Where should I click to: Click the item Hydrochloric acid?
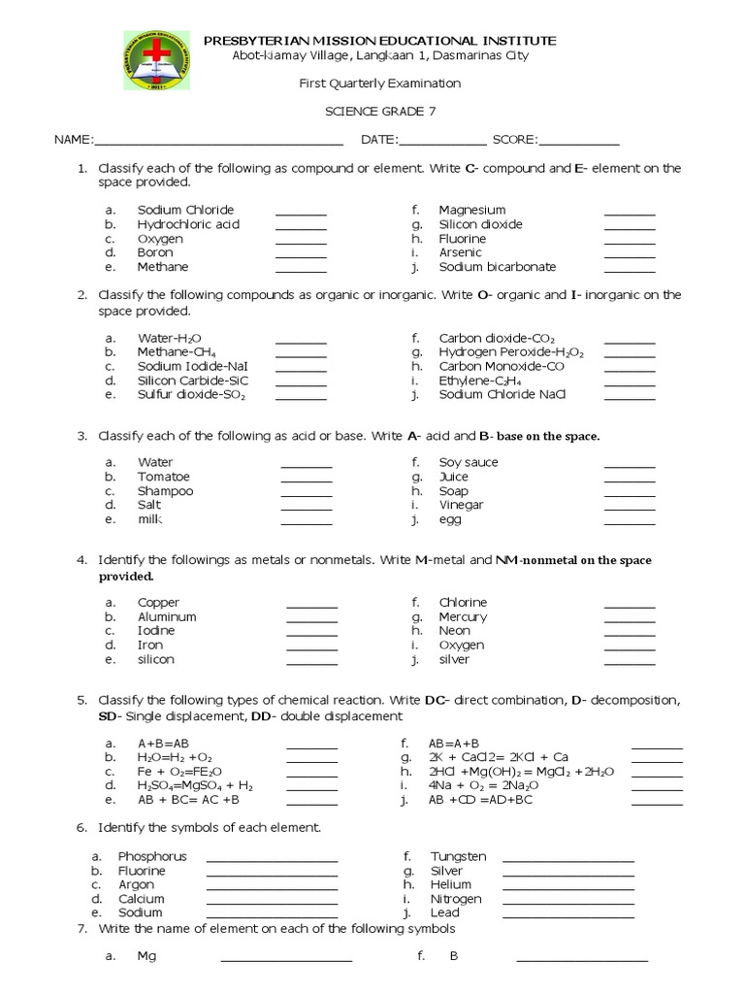188,224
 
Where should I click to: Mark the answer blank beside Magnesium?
630,213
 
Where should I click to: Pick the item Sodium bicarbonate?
497,267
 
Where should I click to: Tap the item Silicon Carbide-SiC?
191,381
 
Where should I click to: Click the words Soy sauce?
469,462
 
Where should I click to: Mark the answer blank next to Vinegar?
630,508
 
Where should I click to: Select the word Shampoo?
165,490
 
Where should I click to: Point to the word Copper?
159,603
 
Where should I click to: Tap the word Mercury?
463,616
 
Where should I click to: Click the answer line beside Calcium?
272,902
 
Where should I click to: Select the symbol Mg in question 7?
146,956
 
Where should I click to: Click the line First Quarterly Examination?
379,83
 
